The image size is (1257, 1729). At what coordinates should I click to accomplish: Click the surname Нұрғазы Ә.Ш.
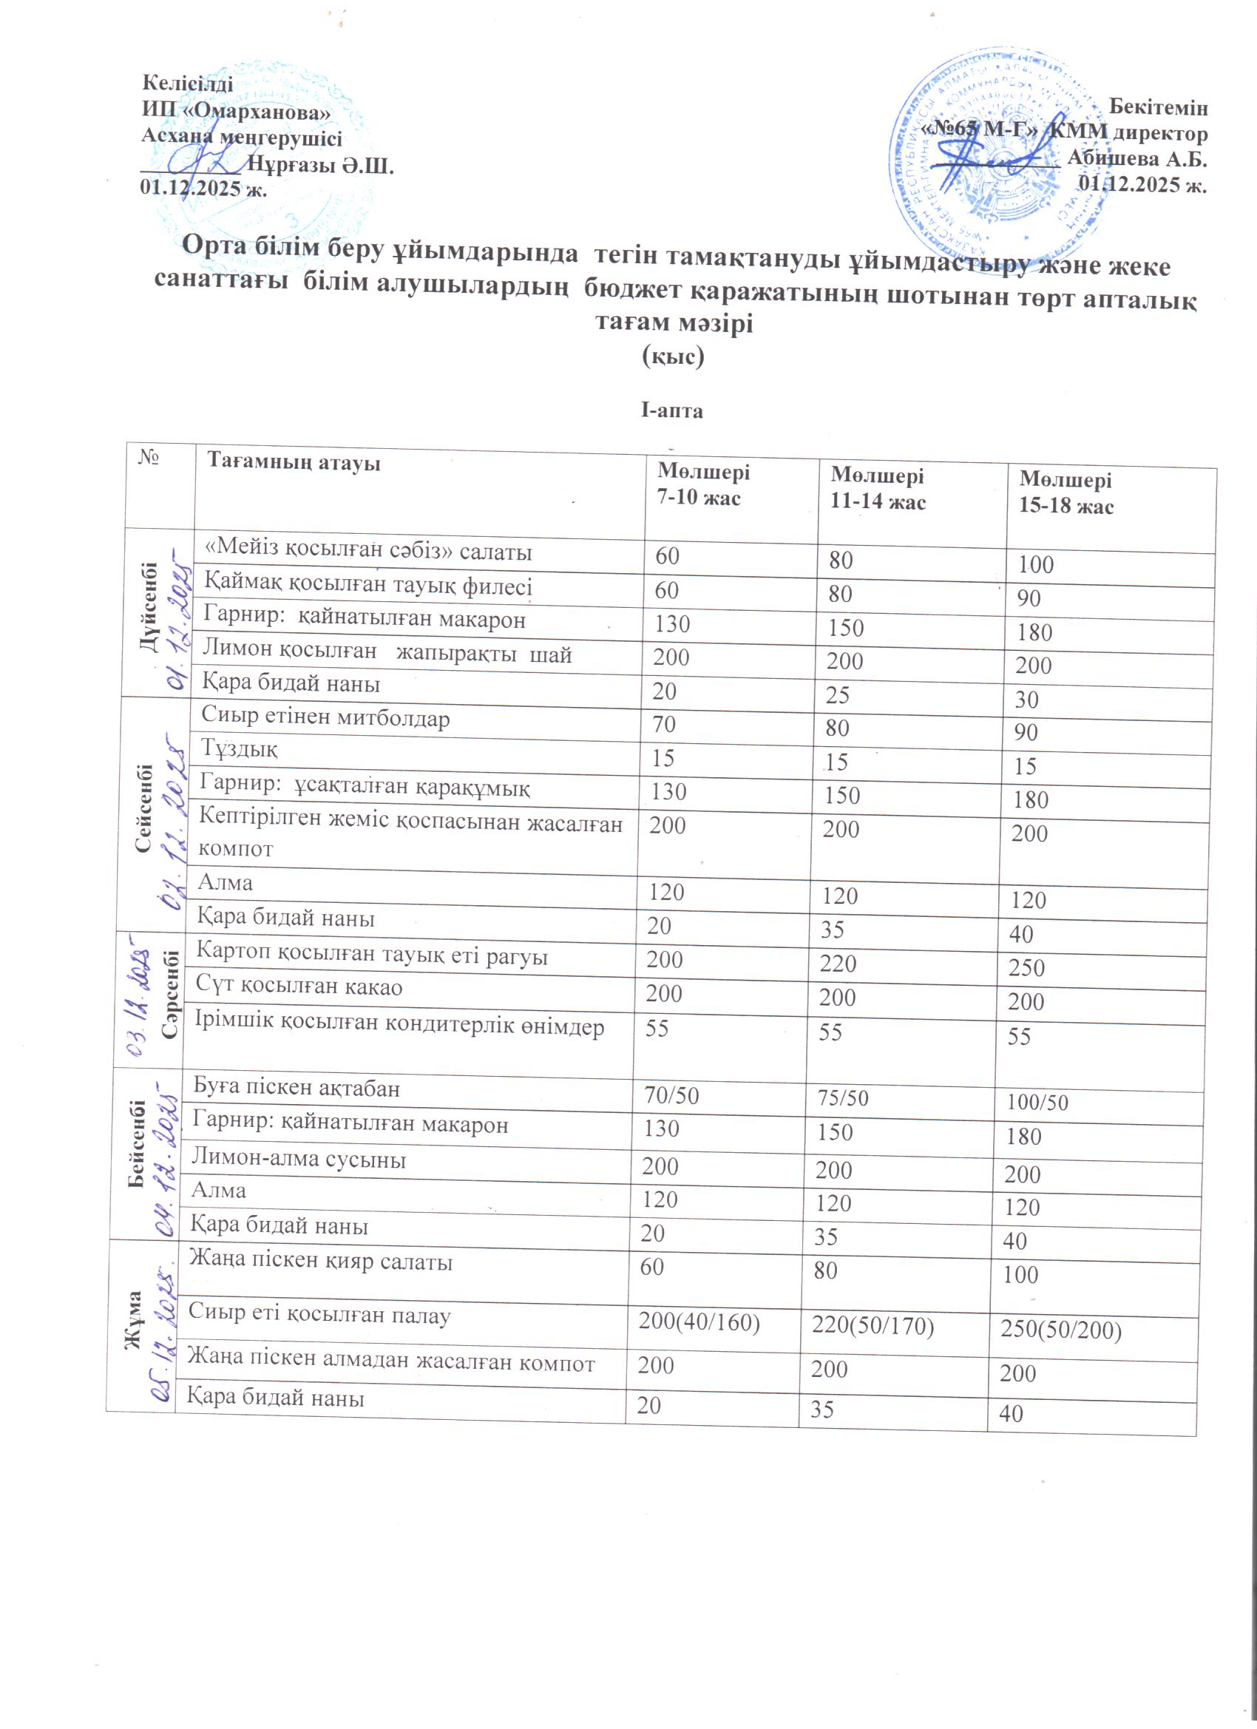click(x=321, y=166)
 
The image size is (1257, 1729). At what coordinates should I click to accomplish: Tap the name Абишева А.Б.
click(x=1137, y=158)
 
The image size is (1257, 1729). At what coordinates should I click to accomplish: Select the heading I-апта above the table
click(x=671, y=411)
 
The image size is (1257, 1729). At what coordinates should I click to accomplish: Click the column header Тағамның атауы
click(x=294, y=462)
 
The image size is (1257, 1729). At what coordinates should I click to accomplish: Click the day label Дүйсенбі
click(x=149, y=606)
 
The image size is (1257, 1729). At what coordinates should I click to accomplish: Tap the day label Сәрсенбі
click(x=171, y=993)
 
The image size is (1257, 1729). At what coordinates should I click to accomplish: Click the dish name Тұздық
click(x=240, y=748)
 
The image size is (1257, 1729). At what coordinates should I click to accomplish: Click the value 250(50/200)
click(x=1060, y=1330)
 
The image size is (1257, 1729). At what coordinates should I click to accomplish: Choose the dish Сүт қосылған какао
click(x=299, y=987)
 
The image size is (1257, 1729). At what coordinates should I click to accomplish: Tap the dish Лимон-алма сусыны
click(x=298, y=1160)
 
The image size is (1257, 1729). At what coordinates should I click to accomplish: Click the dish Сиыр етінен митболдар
click(x=325, y=718)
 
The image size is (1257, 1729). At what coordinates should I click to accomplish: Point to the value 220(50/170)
click(x=873, y=1327)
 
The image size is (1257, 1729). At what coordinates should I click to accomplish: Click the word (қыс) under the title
click(x=673, y=356)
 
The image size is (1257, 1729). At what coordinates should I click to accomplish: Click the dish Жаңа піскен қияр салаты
click(x=321, y=1261)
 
